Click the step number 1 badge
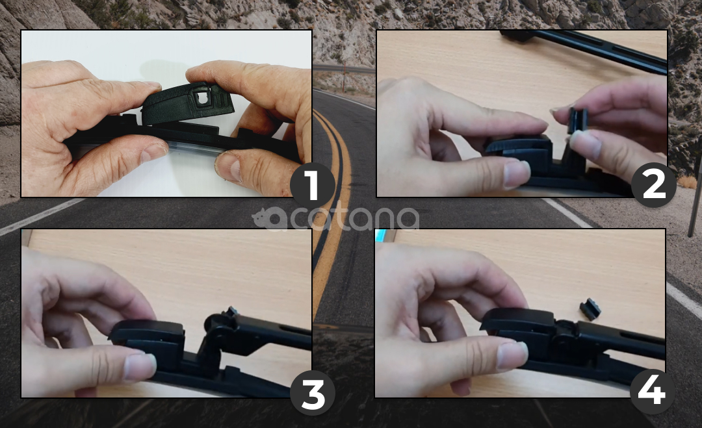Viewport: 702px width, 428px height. tap(312, 185)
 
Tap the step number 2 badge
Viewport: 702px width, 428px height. tap(654, 184)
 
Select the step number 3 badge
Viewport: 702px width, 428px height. tap(313, 393)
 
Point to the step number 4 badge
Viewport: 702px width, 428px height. tap(652, 392)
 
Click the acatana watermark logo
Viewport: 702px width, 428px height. tap(335, 218)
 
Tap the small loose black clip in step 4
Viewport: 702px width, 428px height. tap(590, 309)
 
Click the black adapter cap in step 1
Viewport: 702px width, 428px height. tap(187, 104)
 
